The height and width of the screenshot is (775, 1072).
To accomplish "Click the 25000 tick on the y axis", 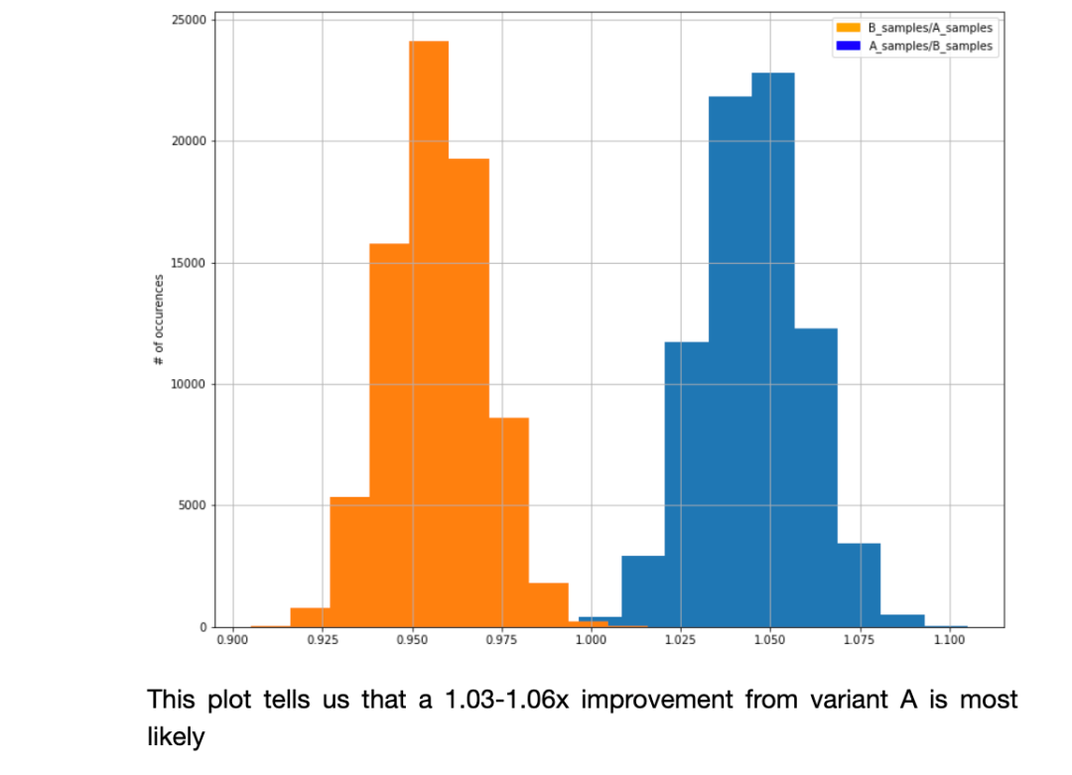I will point(190,20).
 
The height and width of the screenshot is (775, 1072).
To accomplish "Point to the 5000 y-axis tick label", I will point(193,505).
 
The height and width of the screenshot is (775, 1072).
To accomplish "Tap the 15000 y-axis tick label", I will point(190,263).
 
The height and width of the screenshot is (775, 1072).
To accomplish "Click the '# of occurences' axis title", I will point(159,320).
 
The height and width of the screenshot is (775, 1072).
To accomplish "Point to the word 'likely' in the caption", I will point(176,737).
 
